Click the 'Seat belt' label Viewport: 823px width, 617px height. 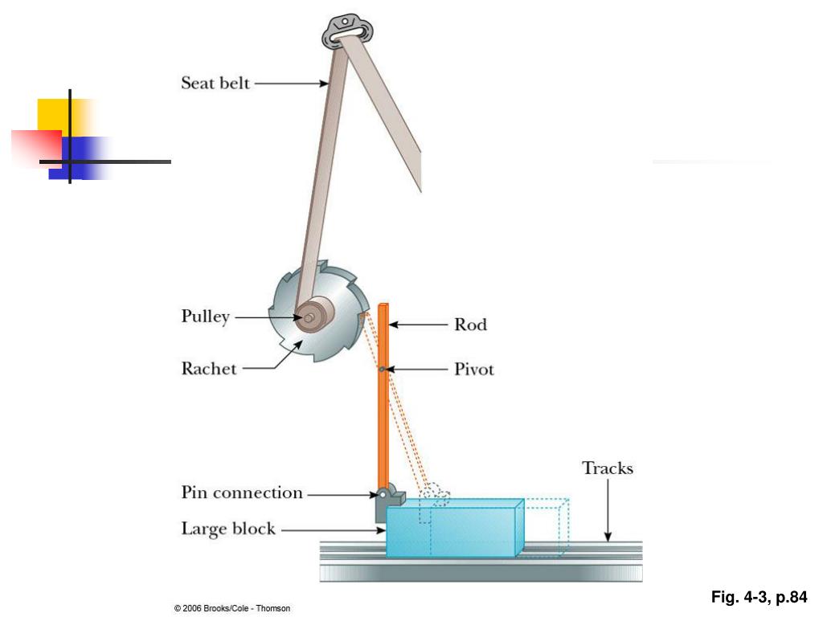pyautogui.click(x=215, y=83)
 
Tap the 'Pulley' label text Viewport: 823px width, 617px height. pyautogui.click(x=205, y=317)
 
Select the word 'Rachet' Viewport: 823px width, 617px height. pyautogui.click(x=209, y=369)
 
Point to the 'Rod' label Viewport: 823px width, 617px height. pyautogui.click(x=470, y=325)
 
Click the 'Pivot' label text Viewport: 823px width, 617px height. pyautogui.click(x=474, y=370)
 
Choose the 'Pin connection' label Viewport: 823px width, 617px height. pyautogui.click(x=242, y=493)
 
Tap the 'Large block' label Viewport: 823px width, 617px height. pyautogui.click(x=228, y=529)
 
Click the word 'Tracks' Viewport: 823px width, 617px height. pyautogui.click(x=608, y=468)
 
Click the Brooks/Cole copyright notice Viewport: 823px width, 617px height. pyautogui.click(x=232, y=608)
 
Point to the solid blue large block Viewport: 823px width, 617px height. pyautogui.click(x=454, y=530)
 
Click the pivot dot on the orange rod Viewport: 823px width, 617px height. pyautogui.click(x=383, y=370)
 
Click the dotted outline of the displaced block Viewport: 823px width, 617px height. pyautogui.click(x=555, y=526)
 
